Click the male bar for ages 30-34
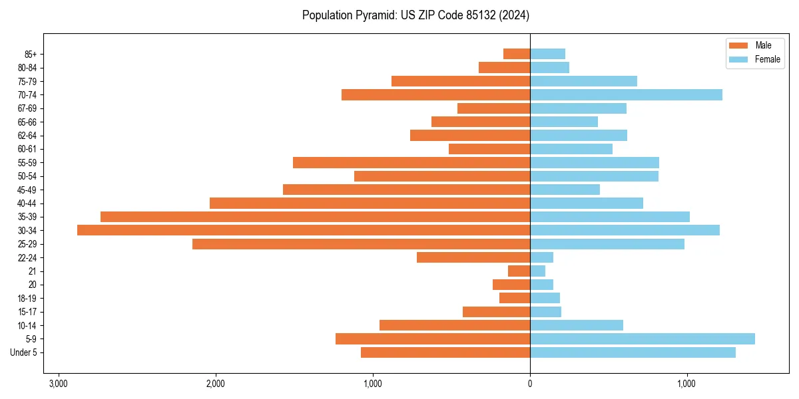(304, 230)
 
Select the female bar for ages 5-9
(643, 338)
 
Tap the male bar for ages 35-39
(315, 217)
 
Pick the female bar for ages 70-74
(626, 94)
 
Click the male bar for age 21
(519, 271)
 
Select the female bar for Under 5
(633, 352)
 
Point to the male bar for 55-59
(411, 162)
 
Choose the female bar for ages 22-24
(541, 257)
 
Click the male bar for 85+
(517, 54)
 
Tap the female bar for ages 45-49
(565, 190)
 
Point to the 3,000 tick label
(59, 384)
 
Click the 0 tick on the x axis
(530, 384)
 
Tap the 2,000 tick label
(216, 384)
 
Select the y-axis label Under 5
(23, 352)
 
